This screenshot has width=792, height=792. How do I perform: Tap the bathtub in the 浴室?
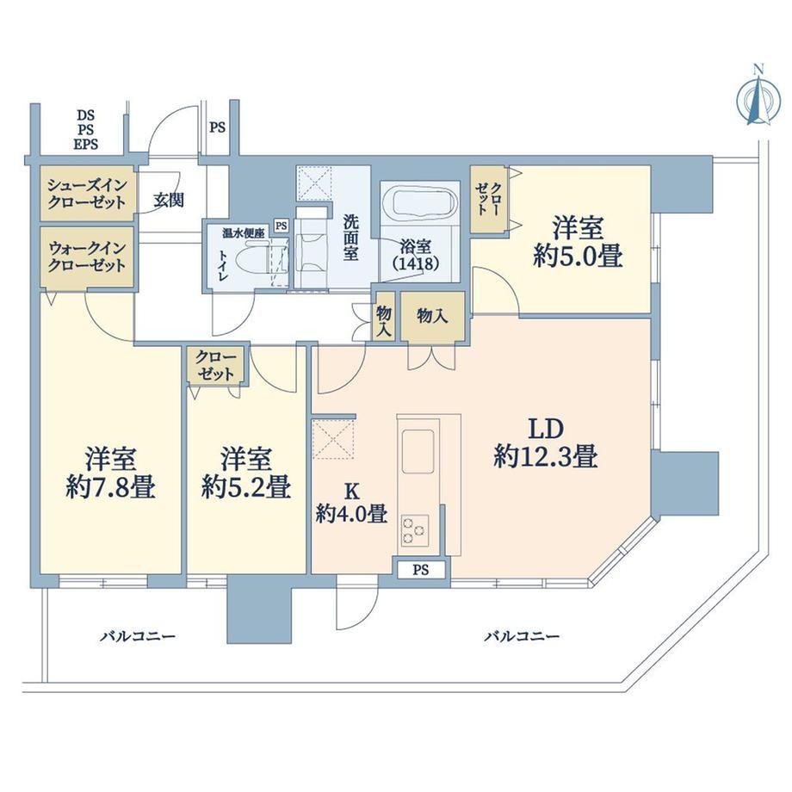coord(421,205)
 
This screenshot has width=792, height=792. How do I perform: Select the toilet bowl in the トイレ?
coord(258,259)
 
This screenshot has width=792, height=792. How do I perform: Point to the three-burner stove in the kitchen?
coord(415,529)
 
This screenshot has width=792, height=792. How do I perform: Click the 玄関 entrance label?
coord(169,201)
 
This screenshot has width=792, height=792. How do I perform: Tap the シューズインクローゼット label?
coord(86,194)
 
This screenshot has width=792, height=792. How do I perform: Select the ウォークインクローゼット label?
coord(86,257)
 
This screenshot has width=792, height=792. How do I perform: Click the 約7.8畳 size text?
coord(110,488)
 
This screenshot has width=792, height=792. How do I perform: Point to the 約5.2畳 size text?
coord(246,488)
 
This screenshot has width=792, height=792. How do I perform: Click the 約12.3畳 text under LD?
coord(546,456)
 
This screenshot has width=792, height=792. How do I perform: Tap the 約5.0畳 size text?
coord(578,257)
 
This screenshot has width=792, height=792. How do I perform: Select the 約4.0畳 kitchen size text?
coord(351,514)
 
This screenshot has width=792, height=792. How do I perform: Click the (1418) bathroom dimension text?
coord(416,263)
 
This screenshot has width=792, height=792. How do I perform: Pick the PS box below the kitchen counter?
coord(421,570)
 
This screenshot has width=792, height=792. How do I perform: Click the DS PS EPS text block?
coord(86,130)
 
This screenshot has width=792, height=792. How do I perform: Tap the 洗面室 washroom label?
coord(350,238)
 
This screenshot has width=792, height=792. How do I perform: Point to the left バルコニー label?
coord(137,635)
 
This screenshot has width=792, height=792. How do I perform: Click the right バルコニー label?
coord(522,635)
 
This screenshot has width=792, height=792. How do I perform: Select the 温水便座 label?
coord(244,233)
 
